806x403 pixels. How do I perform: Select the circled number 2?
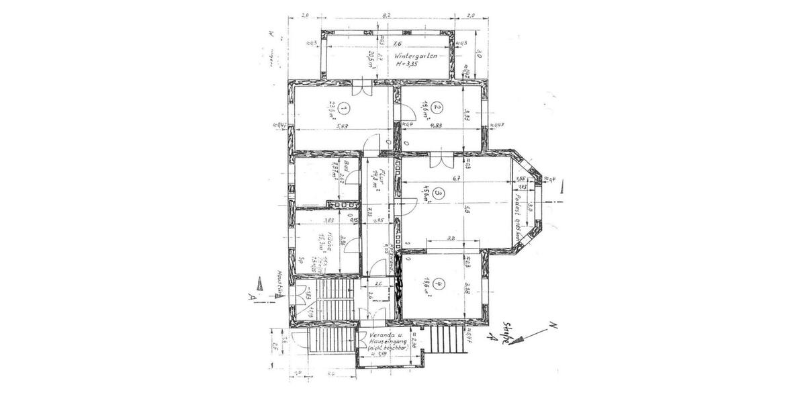[x=437, y=107]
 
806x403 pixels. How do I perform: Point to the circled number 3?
[x=438, y=195]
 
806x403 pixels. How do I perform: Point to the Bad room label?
[x=341, y=166]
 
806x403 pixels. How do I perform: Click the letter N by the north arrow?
[x=555, y=326]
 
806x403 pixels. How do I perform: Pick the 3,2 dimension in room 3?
[x=451, y=239]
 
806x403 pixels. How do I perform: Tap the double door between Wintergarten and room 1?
[x=361, y=87]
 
